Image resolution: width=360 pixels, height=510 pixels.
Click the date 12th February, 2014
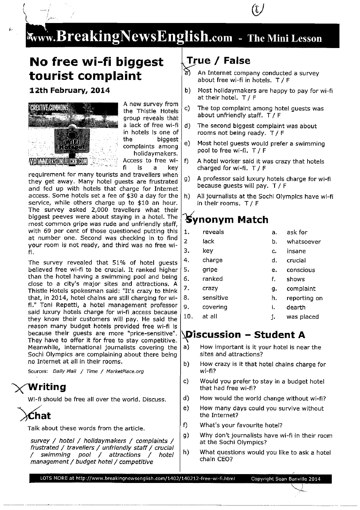69,90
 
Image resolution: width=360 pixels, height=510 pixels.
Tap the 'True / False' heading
218,61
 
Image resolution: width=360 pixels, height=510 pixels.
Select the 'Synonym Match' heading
227,220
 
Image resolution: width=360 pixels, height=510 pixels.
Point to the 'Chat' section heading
39,416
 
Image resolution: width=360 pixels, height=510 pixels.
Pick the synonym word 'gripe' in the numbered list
210,270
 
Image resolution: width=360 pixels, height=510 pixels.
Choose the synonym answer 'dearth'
295,307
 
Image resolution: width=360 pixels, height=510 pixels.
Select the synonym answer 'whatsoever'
304,242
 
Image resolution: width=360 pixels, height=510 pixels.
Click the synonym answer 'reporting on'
304,298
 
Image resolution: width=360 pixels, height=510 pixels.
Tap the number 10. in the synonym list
188,316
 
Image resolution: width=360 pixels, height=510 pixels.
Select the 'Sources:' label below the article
38,371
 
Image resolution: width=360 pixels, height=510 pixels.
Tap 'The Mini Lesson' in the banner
285,39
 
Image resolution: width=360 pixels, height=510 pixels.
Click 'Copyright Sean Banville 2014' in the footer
285,479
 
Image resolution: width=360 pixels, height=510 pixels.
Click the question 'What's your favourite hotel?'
241,425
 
